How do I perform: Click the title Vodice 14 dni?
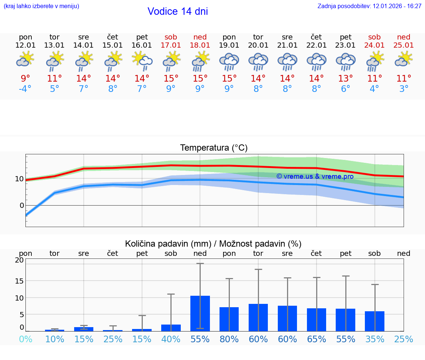[x=177, y=11]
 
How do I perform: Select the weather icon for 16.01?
[x=142, y=61]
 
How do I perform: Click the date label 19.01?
[x=229, y=45]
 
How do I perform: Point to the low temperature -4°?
[x=25, y=89]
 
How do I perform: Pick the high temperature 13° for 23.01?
[x=345, y=78]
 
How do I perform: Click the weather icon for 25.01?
[x=404, y=59]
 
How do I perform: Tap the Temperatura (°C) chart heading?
[x=214, y=148]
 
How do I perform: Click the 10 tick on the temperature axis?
[x=19, y=179]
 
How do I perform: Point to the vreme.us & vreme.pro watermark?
[x=315, y=176]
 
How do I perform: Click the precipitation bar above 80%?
[x=229, y=319]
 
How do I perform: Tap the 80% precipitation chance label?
[x=229, y=339]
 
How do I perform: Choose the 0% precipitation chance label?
[x=25, y=339]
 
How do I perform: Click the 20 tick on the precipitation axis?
[x=19, y=260]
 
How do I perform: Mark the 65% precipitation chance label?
[x=316, y=339]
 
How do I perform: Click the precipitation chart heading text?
[x=213, y=244]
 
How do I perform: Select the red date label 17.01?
[x=171, y=45]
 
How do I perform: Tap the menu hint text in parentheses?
[x=41, y=6]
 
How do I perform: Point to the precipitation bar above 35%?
[x=374, y=321]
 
